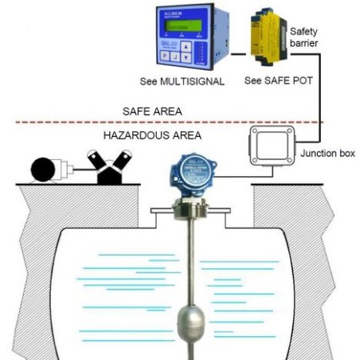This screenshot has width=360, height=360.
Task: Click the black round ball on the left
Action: coord(44,170)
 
